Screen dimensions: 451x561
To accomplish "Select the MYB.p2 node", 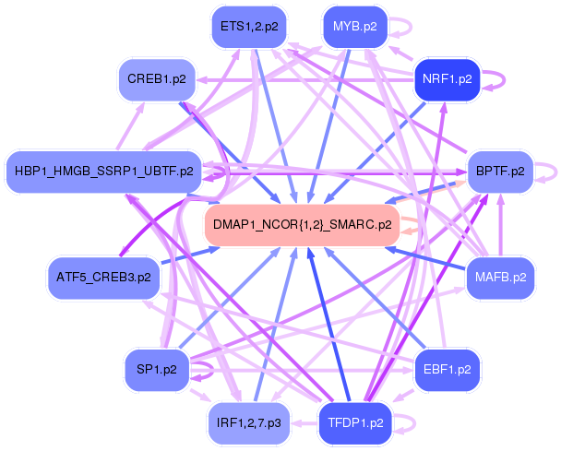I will click(355, 27).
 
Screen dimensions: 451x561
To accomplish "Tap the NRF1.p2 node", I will click(447, 78).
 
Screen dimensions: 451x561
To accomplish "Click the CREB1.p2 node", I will click(157, 78).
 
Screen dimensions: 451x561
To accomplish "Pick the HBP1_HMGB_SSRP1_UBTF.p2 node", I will click(103, 172).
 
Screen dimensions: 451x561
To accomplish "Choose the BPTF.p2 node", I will click(501, 172).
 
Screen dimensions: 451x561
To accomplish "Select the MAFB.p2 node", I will click(501, 276).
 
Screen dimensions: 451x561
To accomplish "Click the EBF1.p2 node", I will click(448, 370).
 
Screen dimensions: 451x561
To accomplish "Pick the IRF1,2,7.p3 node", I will click(248, 423).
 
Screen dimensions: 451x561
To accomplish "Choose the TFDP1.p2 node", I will click(355, 423).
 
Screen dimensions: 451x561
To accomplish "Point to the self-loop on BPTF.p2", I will click(551, 172).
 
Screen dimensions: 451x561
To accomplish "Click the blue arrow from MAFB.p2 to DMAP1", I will click(434, 260).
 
